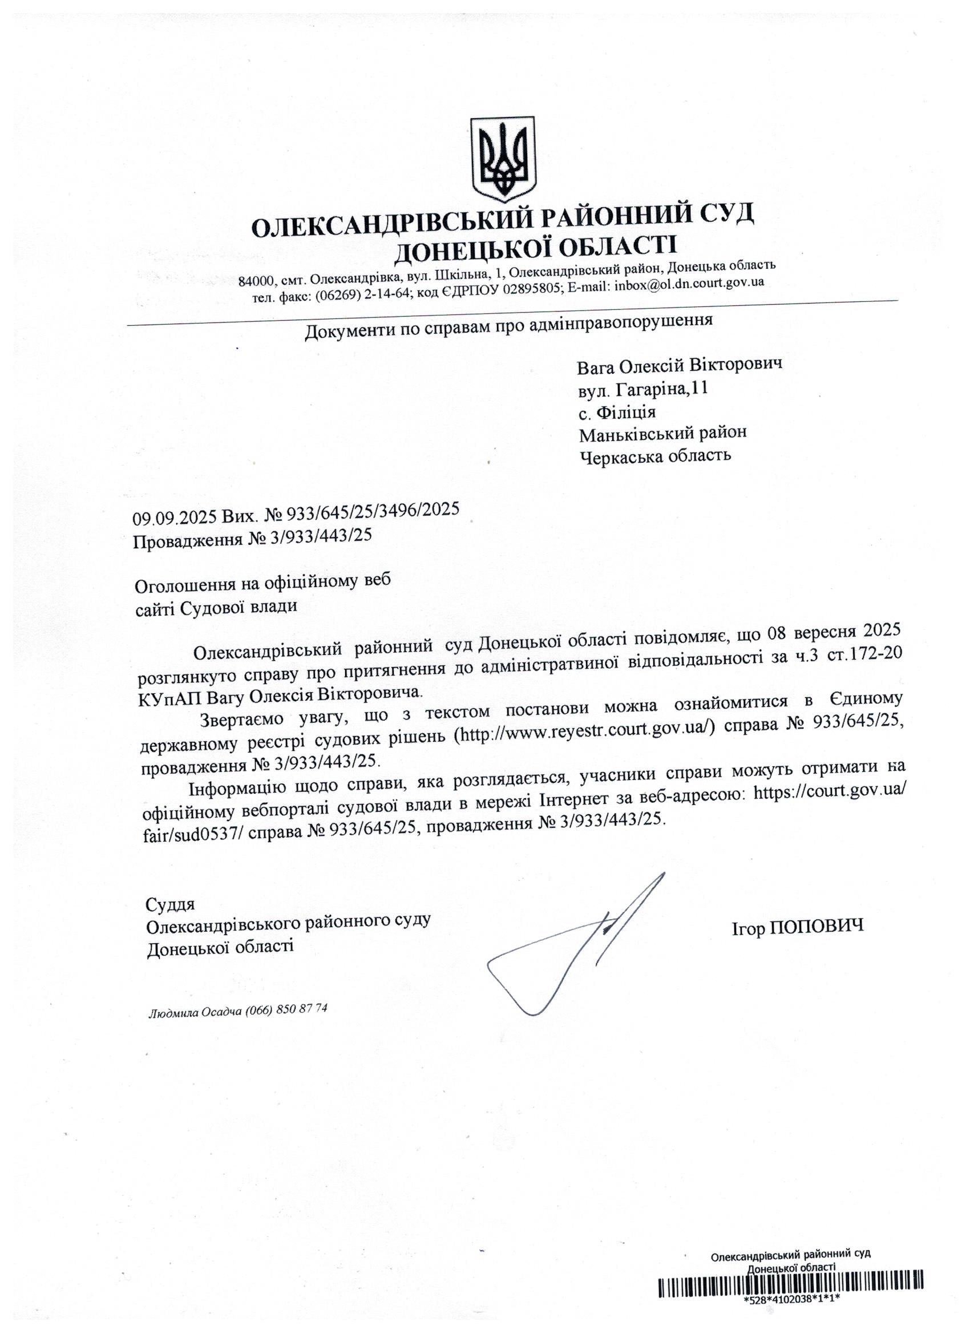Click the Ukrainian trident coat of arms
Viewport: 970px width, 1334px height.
[503, 159]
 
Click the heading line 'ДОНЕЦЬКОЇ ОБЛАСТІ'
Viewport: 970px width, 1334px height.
[535, 248]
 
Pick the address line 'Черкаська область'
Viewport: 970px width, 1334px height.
[655, 456]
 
